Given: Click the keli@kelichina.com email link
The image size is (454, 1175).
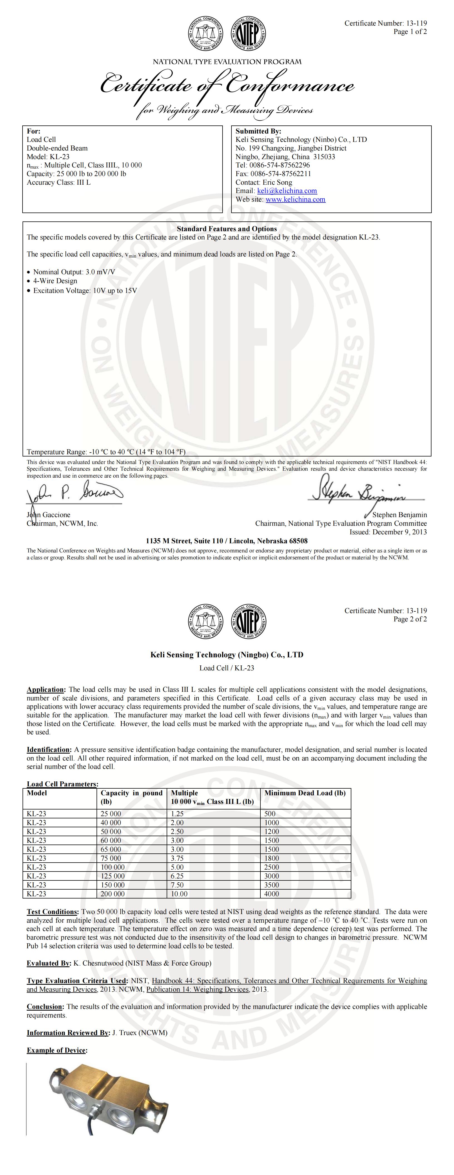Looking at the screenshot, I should [x=287, y=191].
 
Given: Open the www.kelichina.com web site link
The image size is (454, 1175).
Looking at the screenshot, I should [x=295, y=199].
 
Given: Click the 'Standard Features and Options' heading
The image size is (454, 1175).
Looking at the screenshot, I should [x=227, y=229].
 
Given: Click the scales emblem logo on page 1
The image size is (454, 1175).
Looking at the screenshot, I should [x=205, y=34].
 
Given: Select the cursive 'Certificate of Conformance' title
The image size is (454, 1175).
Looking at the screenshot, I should [x=227, y=85].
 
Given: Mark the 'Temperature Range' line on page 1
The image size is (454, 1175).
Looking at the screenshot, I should [x=106, y=452].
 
